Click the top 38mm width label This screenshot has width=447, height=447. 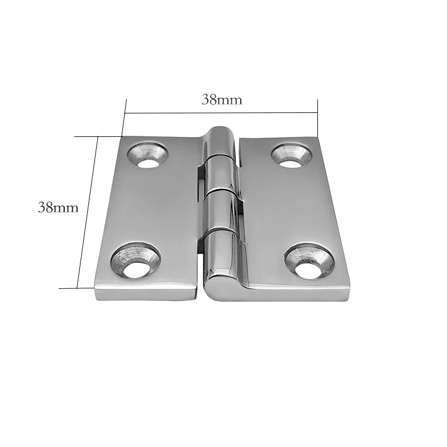(x=222, y=100)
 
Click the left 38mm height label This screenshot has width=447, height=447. (x=58, y=207)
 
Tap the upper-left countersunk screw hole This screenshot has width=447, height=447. (x=148, y=156)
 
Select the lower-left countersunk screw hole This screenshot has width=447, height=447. (x=135, y=260)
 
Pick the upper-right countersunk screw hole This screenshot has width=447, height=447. (x=291, y=156)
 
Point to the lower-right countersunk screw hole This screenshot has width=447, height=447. (x=309, y=260)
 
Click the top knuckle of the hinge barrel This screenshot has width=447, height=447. (x=221, y=142)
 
